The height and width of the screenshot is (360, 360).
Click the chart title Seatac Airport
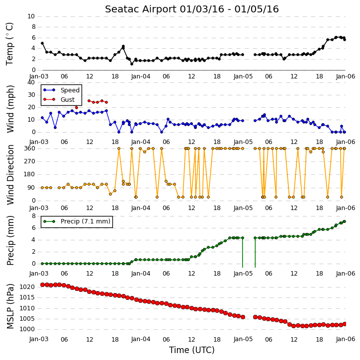tap(141, 9)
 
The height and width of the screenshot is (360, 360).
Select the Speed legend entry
tap(62, 90)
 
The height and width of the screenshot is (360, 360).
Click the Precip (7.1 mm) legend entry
tap(77, 221)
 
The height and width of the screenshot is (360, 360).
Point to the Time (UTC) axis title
tap(192, 350)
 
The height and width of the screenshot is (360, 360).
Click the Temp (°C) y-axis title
tap(9, 44)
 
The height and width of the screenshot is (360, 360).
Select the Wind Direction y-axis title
tap(10, 175)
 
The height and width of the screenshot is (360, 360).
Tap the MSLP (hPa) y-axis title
tap(10, 306)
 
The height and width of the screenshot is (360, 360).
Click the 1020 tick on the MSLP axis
tap(27, 287)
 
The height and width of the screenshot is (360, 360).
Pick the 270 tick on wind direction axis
tap(30, 161)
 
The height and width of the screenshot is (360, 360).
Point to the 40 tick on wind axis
tap(31, 82)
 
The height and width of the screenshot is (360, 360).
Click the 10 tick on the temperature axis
tap(31, 16)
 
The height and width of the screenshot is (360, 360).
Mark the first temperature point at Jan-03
tap(42, 43)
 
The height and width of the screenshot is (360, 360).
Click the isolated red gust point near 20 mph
tap(77, 107)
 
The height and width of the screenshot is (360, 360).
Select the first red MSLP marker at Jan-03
tap(42, 285)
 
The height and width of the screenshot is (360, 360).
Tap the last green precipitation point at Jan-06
tap(345, 221)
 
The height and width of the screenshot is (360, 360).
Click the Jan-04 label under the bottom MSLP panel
tap(141, 339)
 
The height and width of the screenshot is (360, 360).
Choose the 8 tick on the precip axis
tap(33, 216)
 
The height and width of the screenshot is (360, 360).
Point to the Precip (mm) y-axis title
tap(10, 240)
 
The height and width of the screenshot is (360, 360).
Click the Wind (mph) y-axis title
tap(10, 109)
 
